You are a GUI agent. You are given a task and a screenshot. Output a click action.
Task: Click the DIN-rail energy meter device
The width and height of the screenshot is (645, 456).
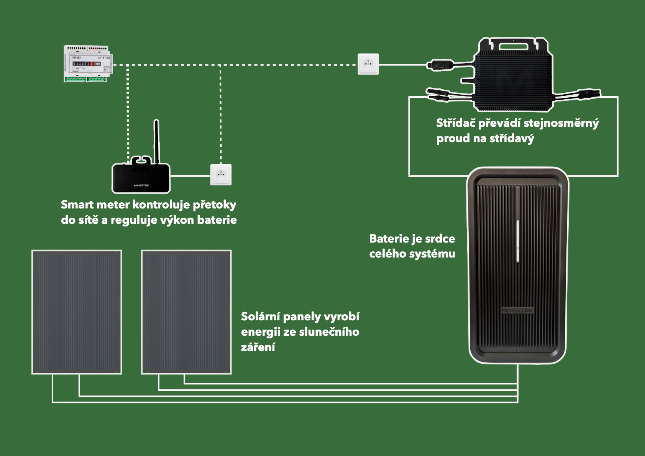point(88,64)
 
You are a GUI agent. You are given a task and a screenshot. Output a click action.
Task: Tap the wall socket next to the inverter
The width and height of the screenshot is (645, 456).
point(368,64)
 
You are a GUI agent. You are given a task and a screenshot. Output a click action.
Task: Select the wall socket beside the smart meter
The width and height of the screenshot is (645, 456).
point(221,175)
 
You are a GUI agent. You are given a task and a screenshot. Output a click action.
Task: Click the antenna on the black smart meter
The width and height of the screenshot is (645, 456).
point(156,140)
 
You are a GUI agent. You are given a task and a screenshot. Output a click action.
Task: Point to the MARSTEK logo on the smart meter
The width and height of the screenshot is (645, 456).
point(141,185)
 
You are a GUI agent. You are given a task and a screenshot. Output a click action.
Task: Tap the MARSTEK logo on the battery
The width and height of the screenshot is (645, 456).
point(517,310)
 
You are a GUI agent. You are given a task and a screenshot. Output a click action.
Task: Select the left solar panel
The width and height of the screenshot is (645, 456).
point(77,312)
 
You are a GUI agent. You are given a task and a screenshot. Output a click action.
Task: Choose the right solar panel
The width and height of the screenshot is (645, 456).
point(186,312)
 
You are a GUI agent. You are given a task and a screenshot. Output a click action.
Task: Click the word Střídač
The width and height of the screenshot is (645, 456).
point(456,123)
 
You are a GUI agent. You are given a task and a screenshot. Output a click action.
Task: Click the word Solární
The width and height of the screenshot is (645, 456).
point(260,317)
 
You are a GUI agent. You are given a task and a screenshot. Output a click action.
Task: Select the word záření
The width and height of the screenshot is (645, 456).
point(258,347)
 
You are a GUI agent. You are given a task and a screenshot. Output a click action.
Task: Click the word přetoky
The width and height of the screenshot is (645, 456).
point(214,205)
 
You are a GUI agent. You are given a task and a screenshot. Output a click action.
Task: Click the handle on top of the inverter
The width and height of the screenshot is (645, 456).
point(513,46)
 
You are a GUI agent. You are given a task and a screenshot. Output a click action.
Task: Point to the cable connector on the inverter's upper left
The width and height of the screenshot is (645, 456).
point(441,64)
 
